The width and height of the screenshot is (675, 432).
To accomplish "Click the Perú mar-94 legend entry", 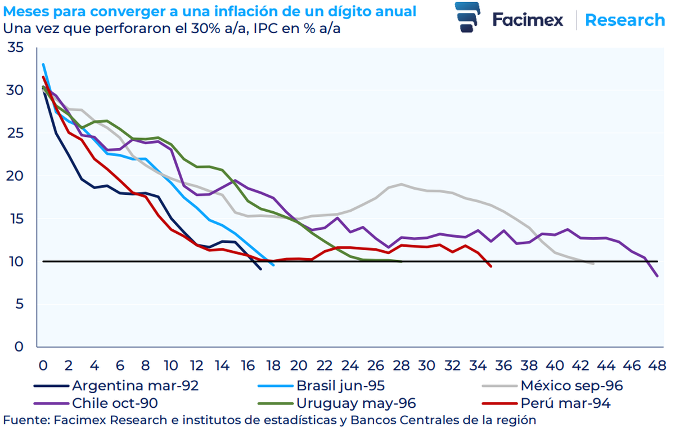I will click(x=565, y=403).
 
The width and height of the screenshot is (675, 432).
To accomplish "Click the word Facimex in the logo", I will click(x=528, y=20).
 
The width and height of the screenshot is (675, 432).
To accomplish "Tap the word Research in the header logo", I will click(x=625, y=20).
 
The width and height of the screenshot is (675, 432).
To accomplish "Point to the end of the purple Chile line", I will click(x=658, y=276).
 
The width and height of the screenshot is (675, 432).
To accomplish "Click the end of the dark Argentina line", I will click(x=260, y=269).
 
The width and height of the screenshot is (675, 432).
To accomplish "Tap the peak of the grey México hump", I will click(x=401, y=184).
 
